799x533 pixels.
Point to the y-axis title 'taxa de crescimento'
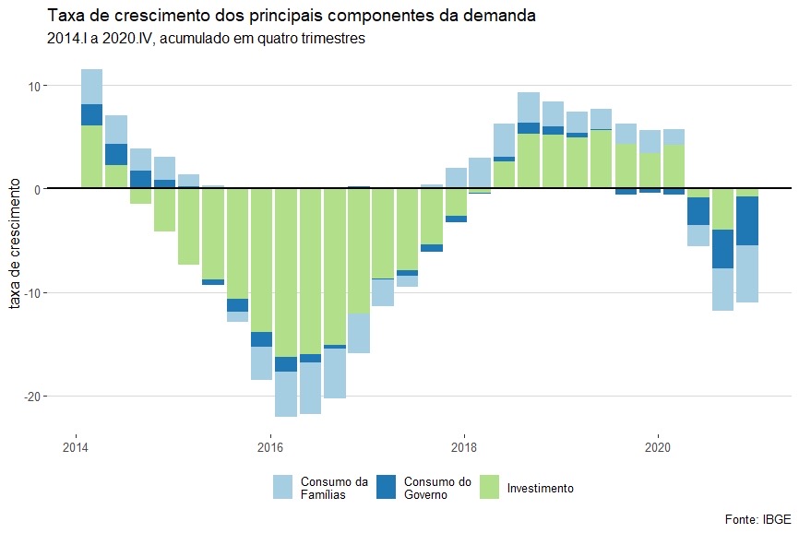coord(17,245)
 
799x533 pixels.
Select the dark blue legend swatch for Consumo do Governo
coord(388,488)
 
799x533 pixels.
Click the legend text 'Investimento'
coord(541,488)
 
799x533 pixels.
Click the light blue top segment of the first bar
coord(91,87)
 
